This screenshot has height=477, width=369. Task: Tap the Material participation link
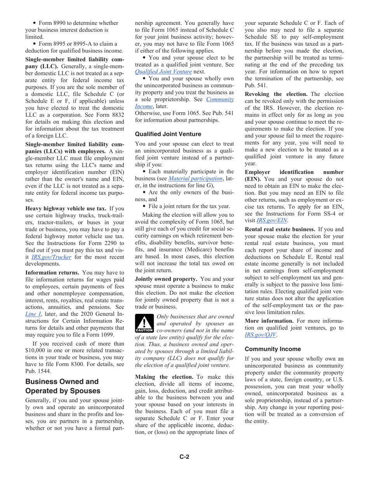pos(195,178)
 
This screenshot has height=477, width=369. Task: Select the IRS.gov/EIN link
pos(272,220)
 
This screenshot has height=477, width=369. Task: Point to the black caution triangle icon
pos(144,323)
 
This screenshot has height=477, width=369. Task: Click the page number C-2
pos(184,457)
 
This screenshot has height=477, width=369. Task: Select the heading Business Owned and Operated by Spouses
pos(62,386)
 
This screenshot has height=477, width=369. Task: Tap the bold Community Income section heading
pos(273,349)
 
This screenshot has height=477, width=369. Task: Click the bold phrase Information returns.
pos(52,272)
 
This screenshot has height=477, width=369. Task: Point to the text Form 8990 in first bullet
pos(54,23)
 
